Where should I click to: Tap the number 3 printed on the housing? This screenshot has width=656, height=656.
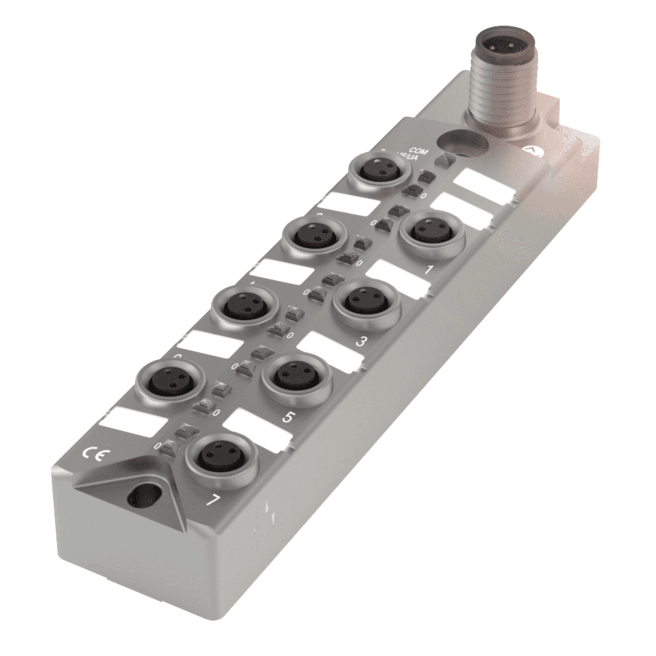pyautogui.click(x=360, y=341)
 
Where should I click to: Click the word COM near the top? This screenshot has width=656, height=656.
pyautogui.click(x=426, y=151)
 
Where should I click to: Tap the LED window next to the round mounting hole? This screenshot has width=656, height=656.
pyautogui.click(x=441, y=160)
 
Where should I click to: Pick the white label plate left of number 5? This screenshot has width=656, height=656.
pyautogui.click(x=256, y=426)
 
